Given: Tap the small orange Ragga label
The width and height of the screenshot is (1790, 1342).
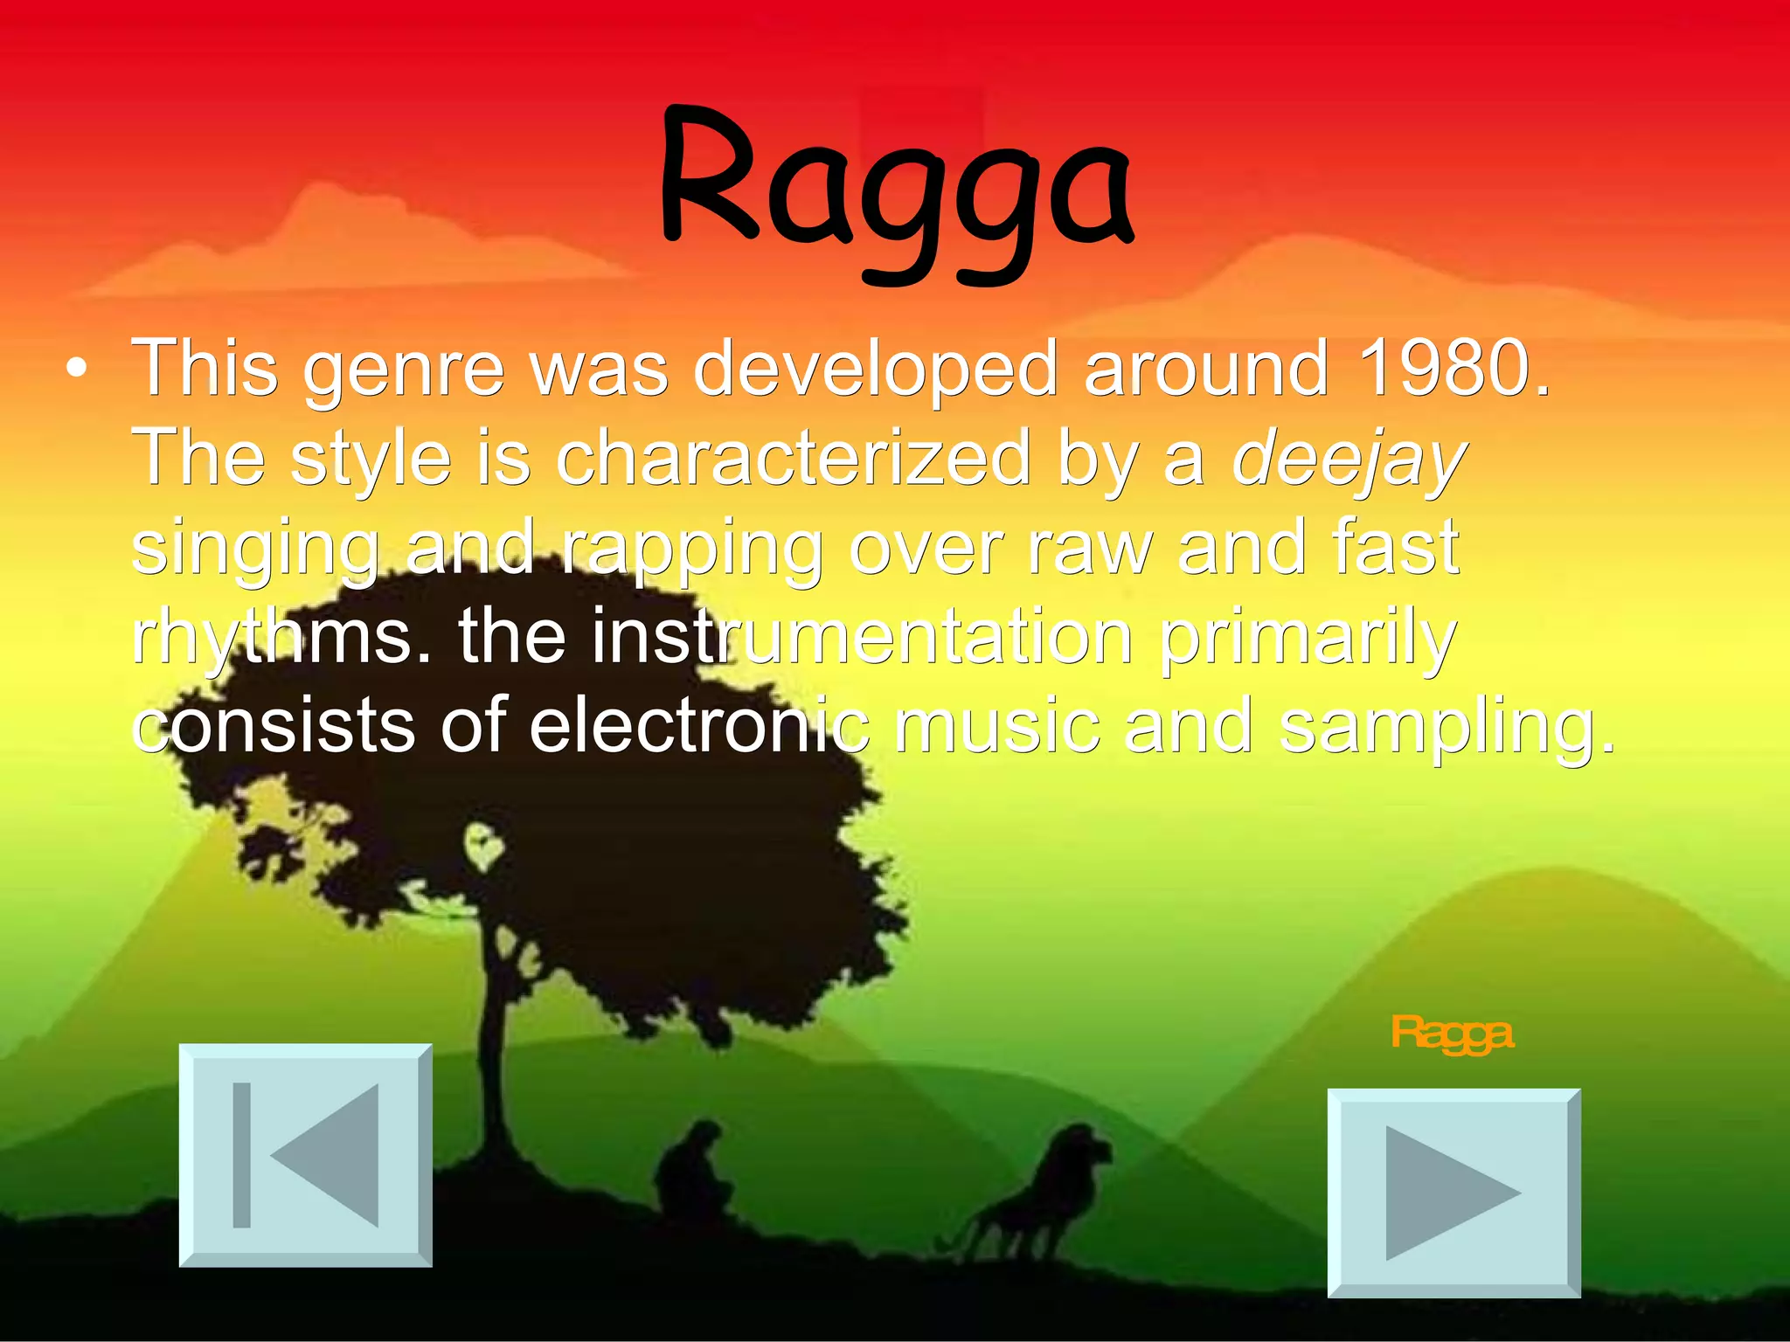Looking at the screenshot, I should [1451, 1034].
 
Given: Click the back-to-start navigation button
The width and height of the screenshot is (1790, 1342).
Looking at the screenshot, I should [305, 1154].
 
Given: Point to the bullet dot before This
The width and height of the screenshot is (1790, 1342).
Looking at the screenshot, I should [77, 370].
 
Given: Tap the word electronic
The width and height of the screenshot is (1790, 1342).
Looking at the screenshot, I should [699, 727].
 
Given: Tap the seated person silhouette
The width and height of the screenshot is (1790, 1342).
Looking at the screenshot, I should [693, 1171].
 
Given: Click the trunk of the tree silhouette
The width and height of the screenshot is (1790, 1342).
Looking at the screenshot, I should [496, 1048].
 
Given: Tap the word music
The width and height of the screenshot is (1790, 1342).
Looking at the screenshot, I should [996, 727].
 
